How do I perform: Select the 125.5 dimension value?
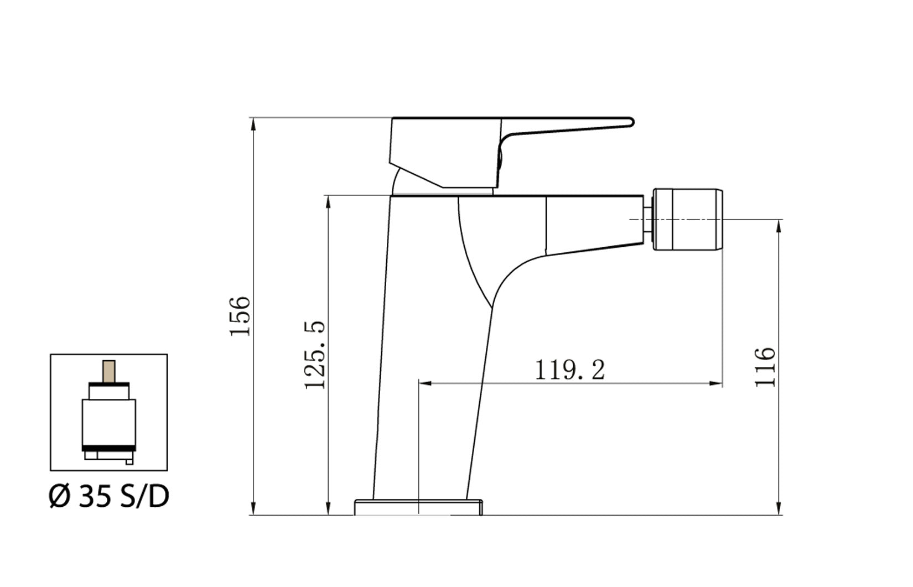(316, 355)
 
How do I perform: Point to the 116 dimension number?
(766, 367)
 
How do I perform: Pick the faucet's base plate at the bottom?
(418, 507)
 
